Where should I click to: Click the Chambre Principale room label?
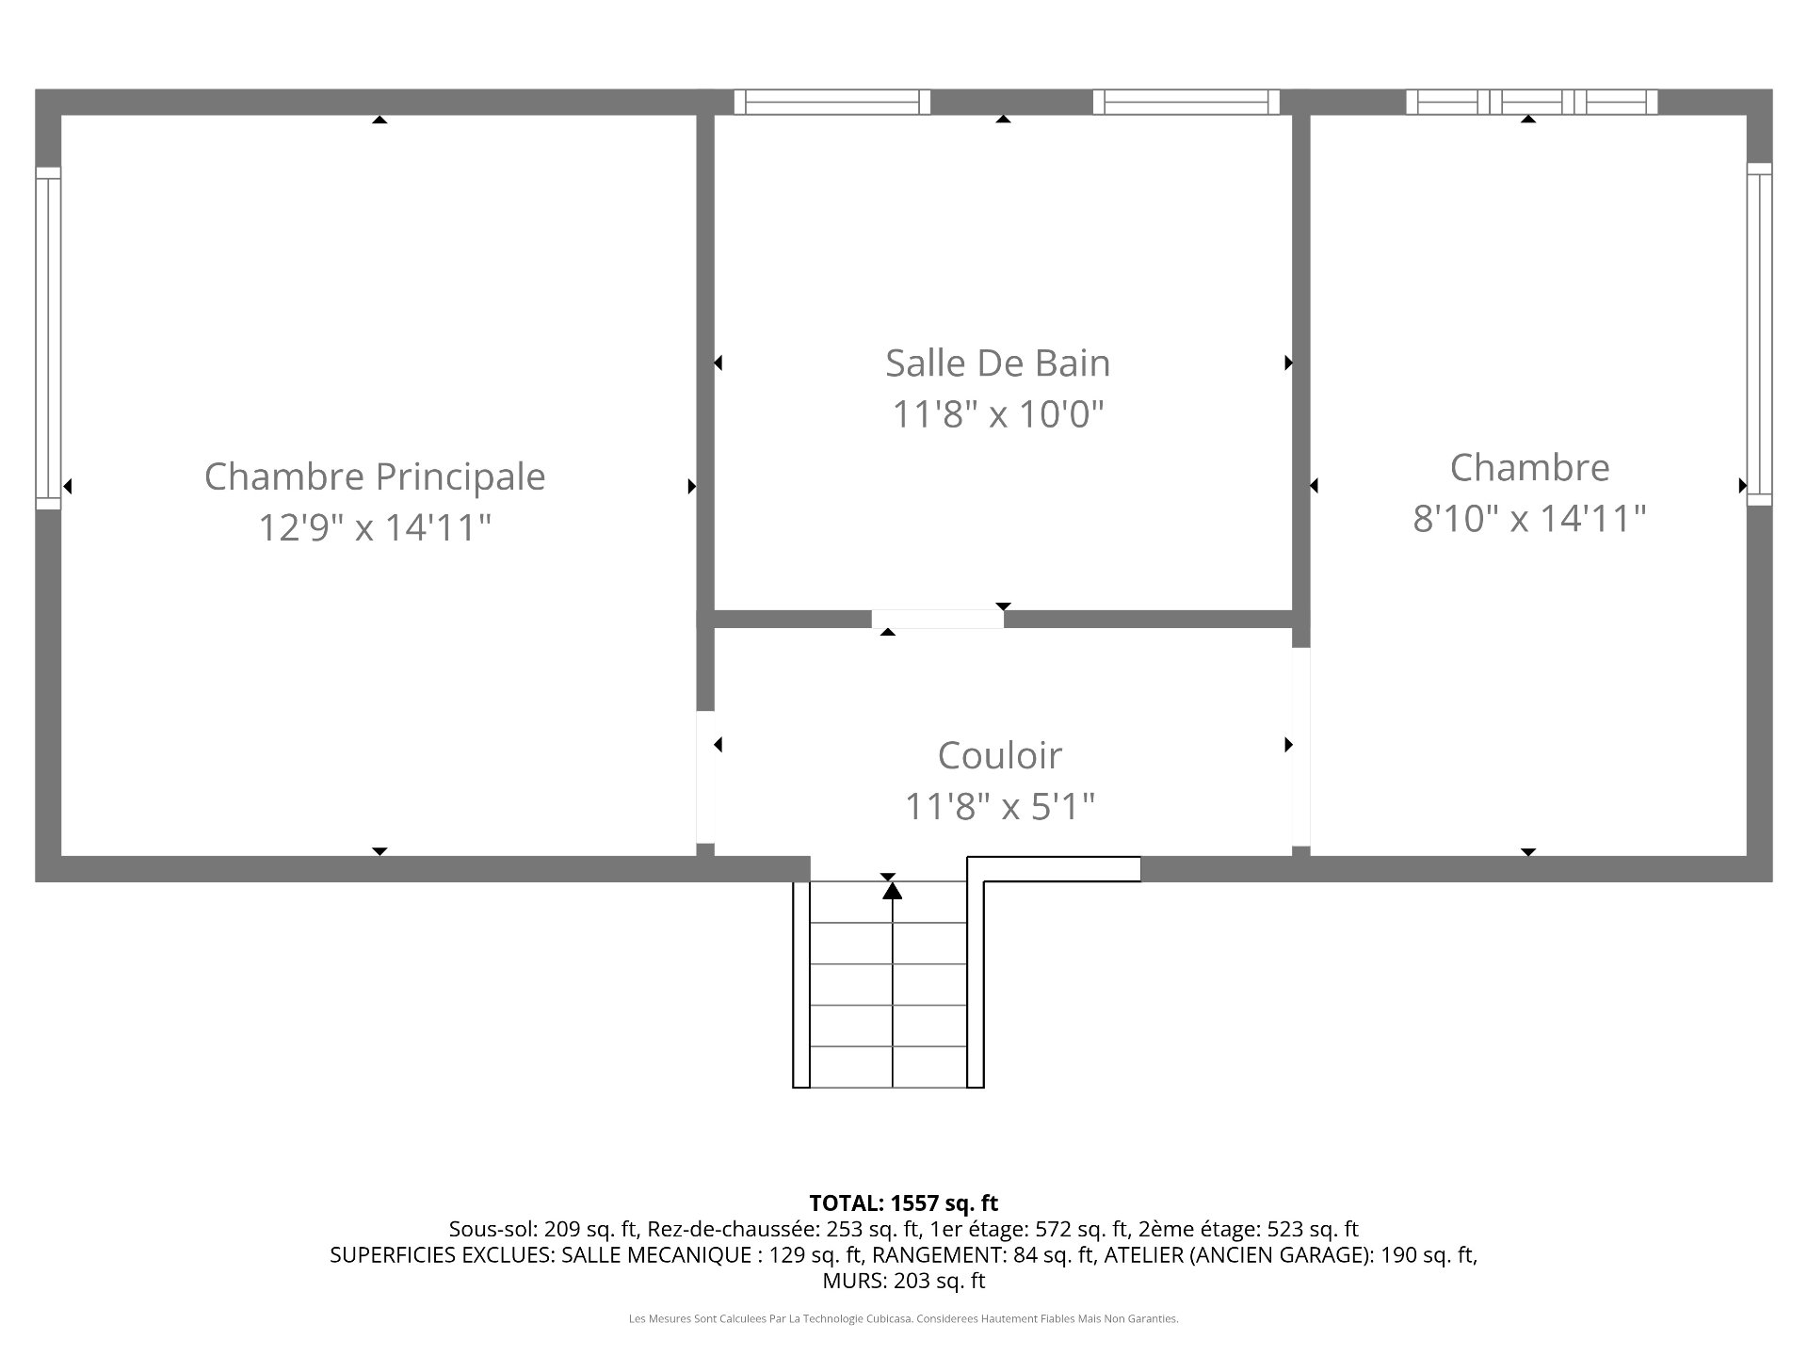(x=375, y=476)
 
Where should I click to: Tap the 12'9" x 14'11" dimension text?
(x=375, y=527)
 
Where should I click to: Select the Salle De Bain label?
(x=998, y=363)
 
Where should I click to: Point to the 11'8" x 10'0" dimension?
(x=998, y=413)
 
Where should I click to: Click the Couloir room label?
(x=1000, y=755)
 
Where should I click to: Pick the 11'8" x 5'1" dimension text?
(x=1000, y=806)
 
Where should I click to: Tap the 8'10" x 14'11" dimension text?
(x=1529, y=518)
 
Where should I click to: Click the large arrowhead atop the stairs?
(x=892, y=890)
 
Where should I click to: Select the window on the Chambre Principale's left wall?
(x=48, y=338)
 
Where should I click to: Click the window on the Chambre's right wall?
(x=1759, y=334)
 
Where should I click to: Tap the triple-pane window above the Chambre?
(x=1532, y=102)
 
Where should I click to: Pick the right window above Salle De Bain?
(x=1186, y=102)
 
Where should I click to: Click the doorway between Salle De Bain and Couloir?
(x=937, y=619)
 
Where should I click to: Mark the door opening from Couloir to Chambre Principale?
(x=705, y=777)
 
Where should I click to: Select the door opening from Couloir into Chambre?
(x=1300, y=747)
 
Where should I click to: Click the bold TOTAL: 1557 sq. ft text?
(x=904, y=1203)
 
